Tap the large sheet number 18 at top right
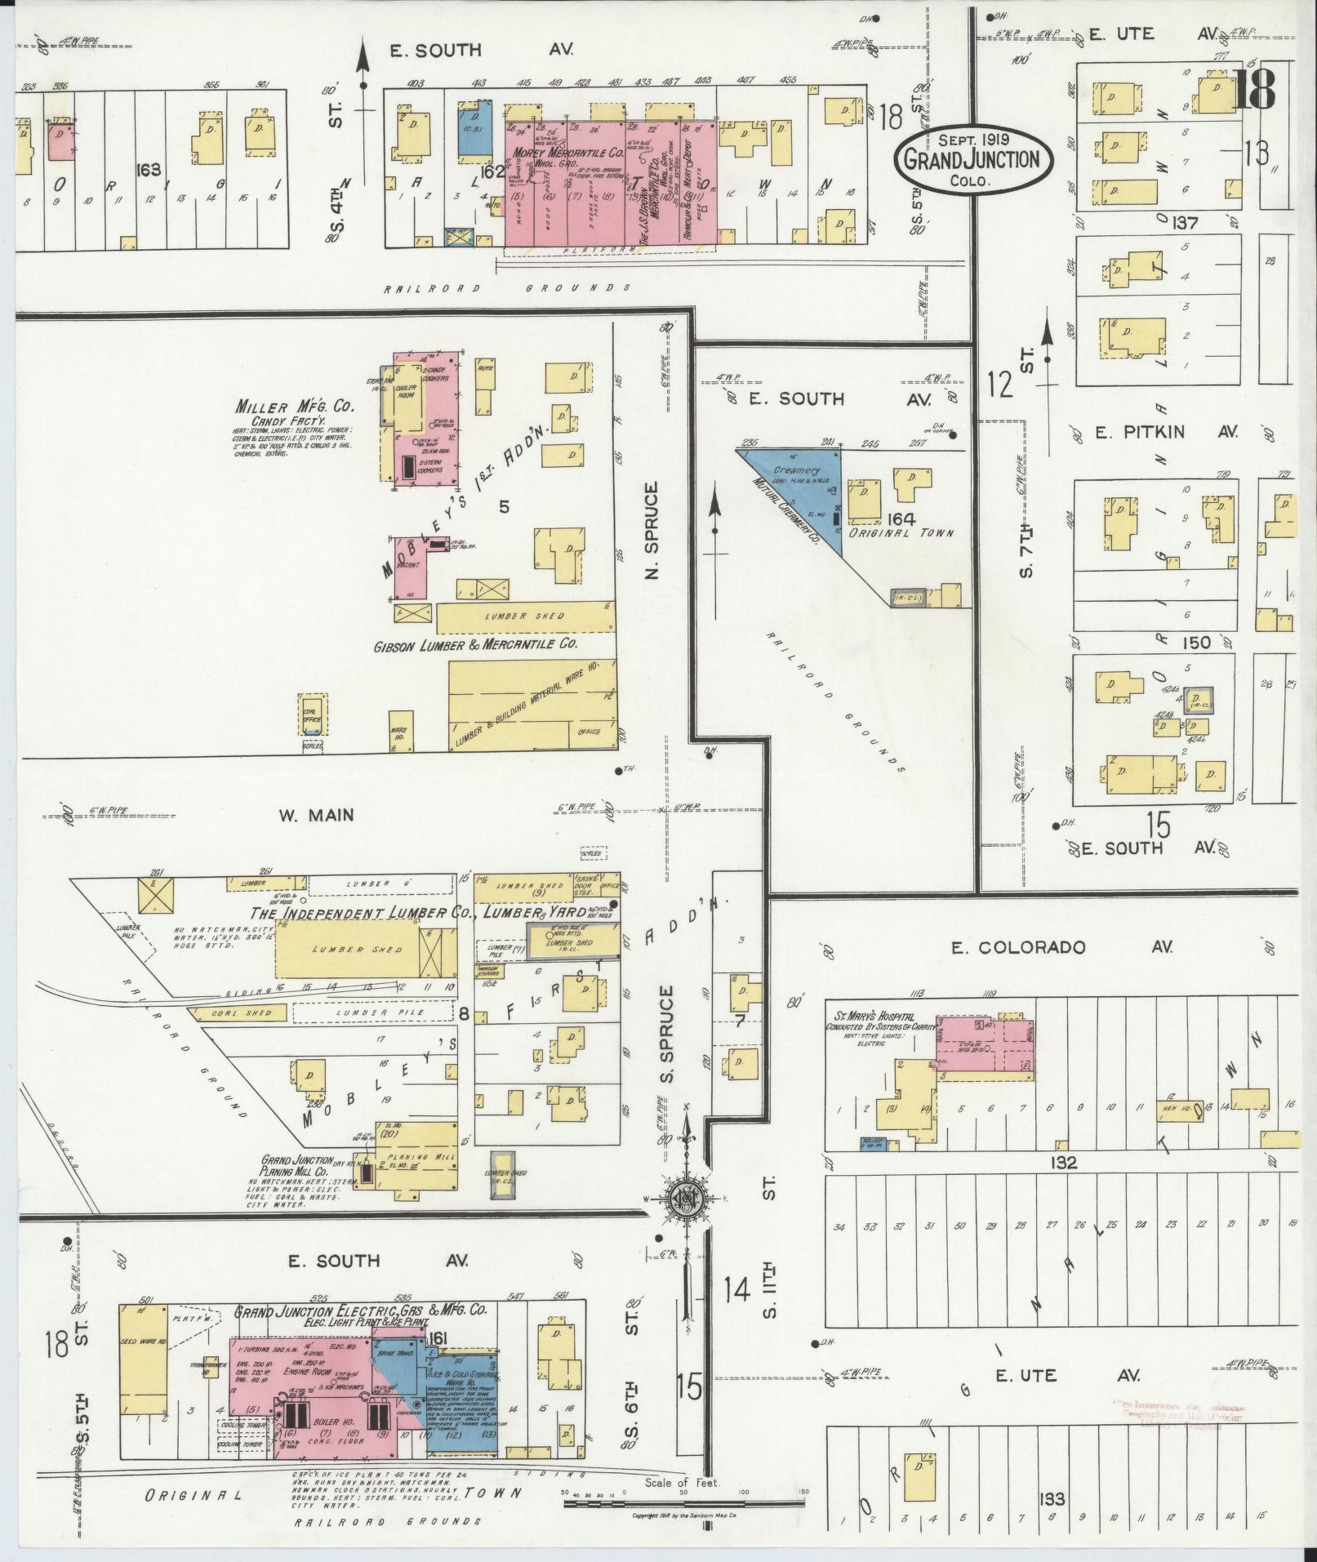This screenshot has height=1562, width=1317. tap(1253, 91)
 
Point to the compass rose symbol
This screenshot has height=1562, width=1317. tap(684, 1198)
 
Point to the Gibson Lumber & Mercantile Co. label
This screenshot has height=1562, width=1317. tap(475, 644)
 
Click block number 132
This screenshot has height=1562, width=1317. tap(1065, 1163)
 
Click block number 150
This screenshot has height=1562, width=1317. tap(1196, 643)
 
